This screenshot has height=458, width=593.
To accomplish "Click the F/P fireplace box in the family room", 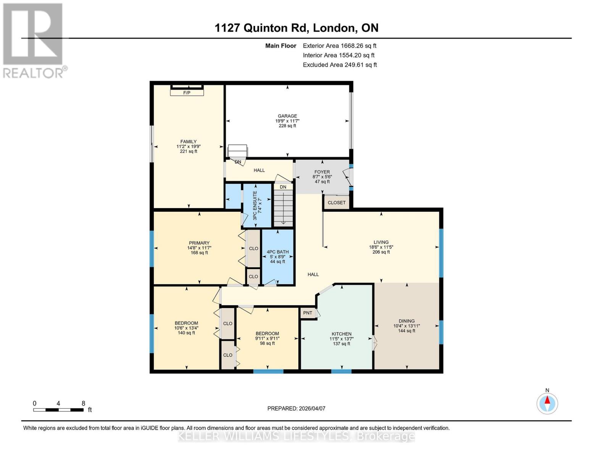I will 187,92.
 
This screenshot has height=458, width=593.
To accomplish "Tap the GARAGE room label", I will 287,116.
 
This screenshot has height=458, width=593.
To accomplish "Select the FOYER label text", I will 322,172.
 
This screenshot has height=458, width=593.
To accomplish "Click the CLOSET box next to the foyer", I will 336,203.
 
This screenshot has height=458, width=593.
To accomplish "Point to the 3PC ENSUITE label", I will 255,206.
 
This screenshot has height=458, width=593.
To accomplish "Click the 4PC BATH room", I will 278,256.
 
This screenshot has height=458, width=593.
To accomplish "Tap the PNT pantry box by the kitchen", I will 308,313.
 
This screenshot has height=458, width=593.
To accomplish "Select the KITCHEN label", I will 341,334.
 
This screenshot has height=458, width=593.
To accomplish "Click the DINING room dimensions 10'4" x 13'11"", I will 406,326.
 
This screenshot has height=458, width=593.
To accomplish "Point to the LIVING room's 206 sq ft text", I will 381,252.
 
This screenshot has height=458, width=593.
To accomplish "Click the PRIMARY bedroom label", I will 199,243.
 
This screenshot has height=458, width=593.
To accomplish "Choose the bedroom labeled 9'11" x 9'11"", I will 267,338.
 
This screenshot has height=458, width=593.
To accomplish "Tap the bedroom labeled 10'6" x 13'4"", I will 186,328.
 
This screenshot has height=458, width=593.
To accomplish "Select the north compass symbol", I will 547,403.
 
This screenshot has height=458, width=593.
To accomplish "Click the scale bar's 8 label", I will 83,403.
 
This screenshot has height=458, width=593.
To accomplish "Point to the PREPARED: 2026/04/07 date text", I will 296,408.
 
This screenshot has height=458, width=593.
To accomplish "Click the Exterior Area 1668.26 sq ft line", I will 339,45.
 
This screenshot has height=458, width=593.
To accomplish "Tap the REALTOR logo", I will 34,40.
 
